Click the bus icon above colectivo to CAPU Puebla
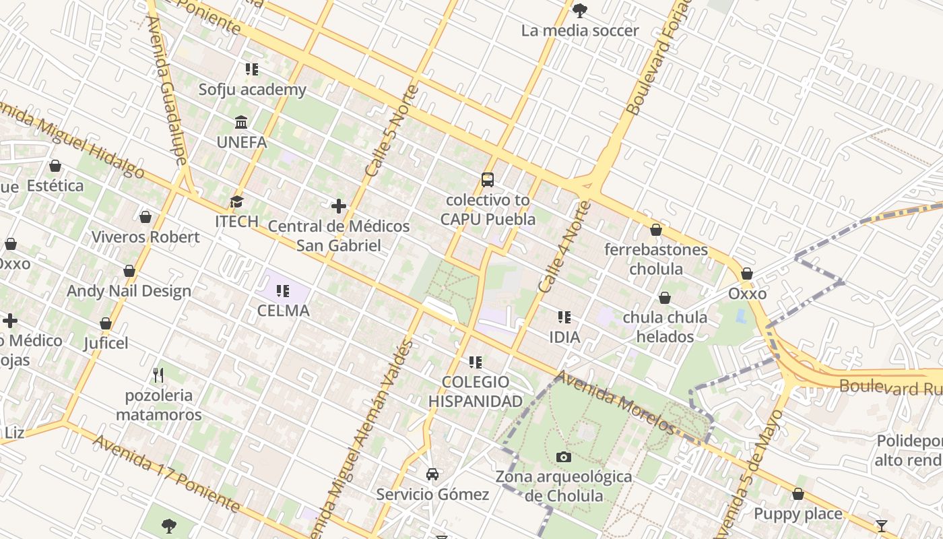point(488,180)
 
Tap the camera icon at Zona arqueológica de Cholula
point(564,457)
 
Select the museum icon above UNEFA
point(241,122)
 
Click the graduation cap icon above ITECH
point(236,201)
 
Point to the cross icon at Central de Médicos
point(339,205)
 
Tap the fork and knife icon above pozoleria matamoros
point(158,375)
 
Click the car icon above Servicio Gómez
point(432,474)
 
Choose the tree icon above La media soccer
point(579,10)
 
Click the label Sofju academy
point(252,90)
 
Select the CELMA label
point(283,311)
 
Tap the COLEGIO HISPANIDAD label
point(476,392)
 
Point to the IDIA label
point(564,336)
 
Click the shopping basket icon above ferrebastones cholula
point(656,230)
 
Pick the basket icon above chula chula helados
point(665,298)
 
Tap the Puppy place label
point(798,514)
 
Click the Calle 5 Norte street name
point(391,131)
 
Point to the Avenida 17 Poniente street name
point(166,473)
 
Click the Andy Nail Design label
point(129,291)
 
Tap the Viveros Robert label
point(145,237)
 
